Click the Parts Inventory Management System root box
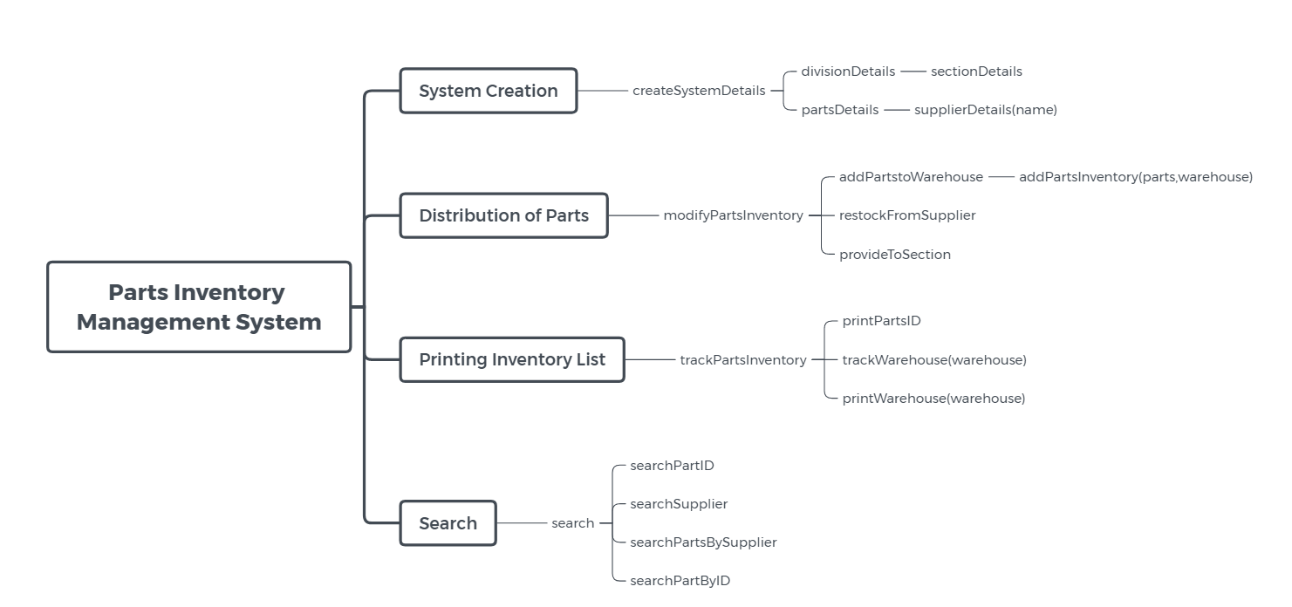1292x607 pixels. (199, 307)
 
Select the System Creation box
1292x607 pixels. (489, 91)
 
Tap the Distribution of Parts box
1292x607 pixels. (503, 215)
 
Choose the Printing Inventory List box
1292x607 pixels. (512, 359)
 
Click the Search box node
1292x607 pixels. (448, 523)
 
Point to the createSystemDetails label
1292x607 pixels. (699, 91)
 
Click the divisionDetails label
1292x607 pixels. (848, 72)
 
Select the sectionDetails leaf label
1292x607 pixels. (976, 72)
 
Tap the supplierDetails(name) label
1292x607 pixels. (986, 110)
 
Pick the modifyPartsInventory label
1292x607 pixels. (733, 215)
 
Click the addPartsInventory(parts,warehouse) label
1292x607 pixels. (1135, 177)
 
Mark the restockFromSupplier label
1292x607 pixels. (907, 215)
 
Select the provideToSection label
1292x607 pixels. (895, 255)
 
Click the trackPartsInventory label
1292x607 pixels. (743, 360)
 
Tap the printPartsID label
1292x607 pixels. (881, 321)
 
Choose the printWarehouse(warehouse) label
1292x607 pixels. (933, 399)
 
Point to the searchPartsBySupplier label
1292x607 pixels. (703, 542)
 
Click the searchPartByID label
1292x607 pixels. (680, 581)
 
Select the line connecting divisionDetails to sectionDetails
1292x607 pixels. (913, 72)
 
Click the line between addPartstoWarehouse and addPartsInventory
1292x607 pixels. (1001, 177)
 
